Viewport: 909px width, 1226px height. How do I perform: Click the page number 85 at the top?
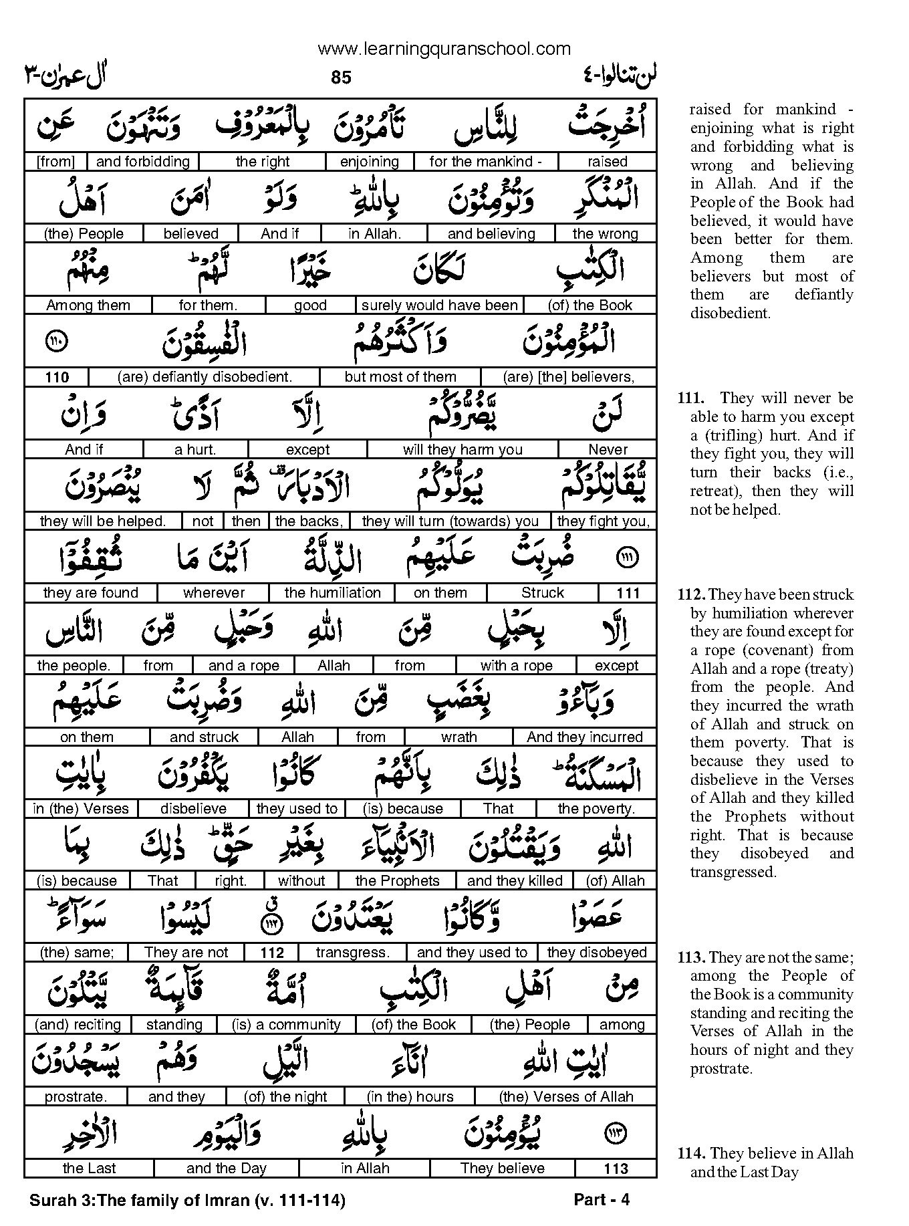click(340, 78)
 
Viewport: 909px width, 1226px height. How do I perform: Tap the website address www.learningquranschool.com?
click(444, 49)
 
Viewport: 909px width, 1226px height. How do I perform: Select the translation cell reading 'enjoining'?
click(369, 162)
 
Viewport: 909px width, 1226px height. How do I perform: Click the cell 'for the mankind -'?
click(485, 162)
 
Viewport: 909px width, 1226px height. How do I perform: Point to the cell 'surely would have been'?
click(439, 305)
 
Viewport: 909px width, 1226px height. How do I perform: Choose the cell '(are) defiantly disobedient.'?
click(205, 377)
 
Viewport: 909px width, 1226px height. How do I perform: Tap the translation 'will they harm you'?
click(463, 449)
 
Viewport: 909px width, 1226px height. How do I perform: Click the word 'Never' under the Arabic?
click(608, 449)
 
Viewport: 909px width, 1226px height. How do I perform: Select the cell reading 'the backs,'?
click(309, 521)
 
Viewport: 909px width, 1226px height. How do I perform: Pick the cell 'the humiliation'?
click(332, 593)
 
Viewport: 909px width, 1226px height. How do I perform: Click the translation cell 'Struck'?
click(542, 593)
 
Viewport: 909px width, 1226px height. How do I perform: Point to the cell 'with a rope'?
click(516, 666)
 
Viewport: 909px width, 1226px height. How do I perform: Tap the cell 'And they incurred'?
click(584, 737)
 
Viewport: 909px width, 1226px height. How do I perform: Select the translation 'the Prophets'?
click(397, 881)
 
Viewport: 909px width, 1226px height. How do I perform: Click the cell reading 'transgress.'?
click(352, 953)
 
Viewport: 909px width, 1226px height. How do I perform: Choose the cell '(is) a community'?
click(286, 1025)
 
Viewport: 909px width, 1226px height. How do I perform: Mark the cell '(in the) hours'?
click(410, 1097)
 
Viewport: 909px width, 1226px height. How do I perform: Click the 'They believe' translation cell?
click(502, 1169)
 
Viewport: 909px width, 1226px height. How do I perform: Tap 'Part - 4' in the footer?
click(602, 1200)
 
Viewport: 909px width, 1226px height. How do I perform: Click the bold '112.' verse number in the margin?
click(691, 595)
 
